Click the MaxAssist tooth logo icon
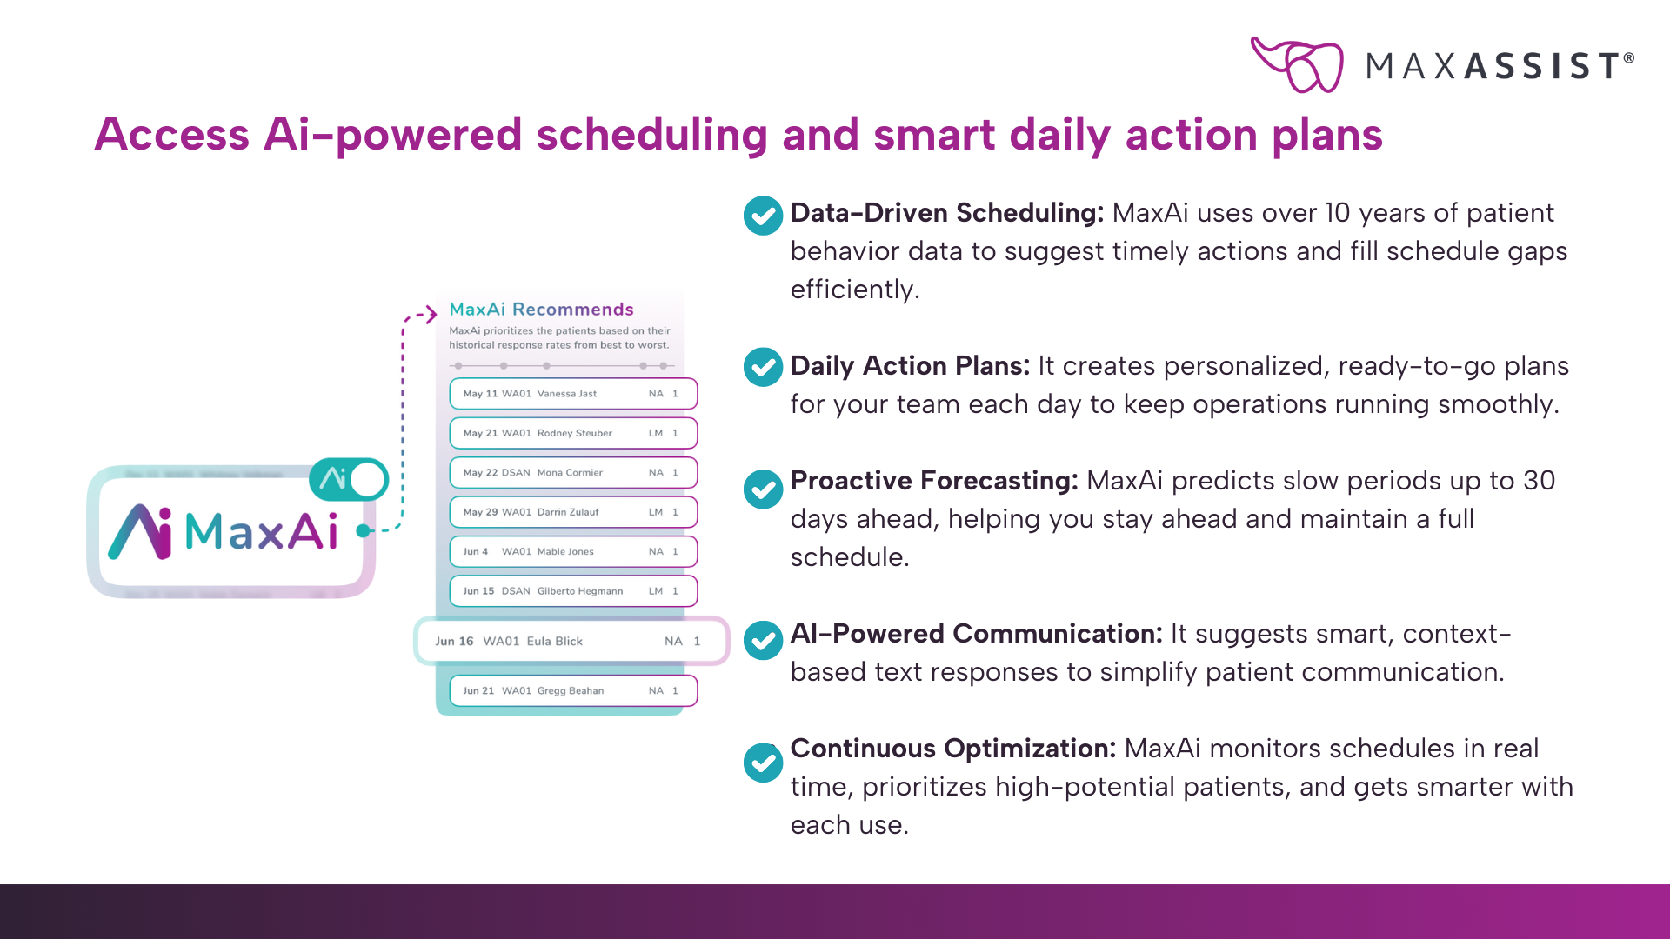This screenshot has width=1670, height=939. coord(1296,64)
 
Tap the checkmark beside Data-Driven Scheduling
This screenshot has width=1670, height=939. coord(763,216)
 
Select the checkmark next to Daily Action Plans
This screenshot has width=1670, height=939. coord(763,367)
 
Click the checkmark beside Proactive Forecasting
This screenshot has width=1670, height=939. coord(763,489)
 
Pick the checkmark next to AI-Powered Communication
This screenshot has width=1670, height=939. coord(763,641)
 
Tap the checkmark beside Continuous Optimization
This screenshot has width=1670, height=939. coord(763,763)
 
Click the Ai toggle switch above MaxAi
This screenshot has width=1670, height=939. coord(349,479)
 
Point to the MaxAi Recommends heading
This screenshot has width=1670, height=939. coord(541,310)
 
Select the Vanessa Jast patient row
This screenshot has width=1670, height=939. coord(573,394)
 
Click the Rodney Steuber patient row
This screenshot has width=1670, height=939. coord(573,433)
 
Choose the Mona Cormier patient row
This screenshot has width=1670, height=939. coord(573,472)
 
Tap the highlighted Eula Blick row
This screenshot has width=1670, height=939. coord(571,641)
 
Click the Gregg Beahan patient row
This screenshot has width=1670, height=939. coord(573,690)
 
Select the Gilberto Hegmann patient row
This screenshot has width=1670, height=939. coord(573,591)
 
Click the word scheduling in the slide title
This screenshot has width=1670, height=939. coord(651,136)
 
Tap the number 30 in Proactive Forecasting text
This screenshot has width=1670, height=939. coord(1539,481)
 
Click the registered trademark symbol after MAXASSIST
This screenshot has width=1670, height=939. coord(1629,58)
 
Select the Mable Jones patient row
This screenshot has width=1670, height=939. coord(573,551)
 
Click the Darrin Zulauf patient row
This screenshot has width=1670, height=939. coord(573,512)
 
